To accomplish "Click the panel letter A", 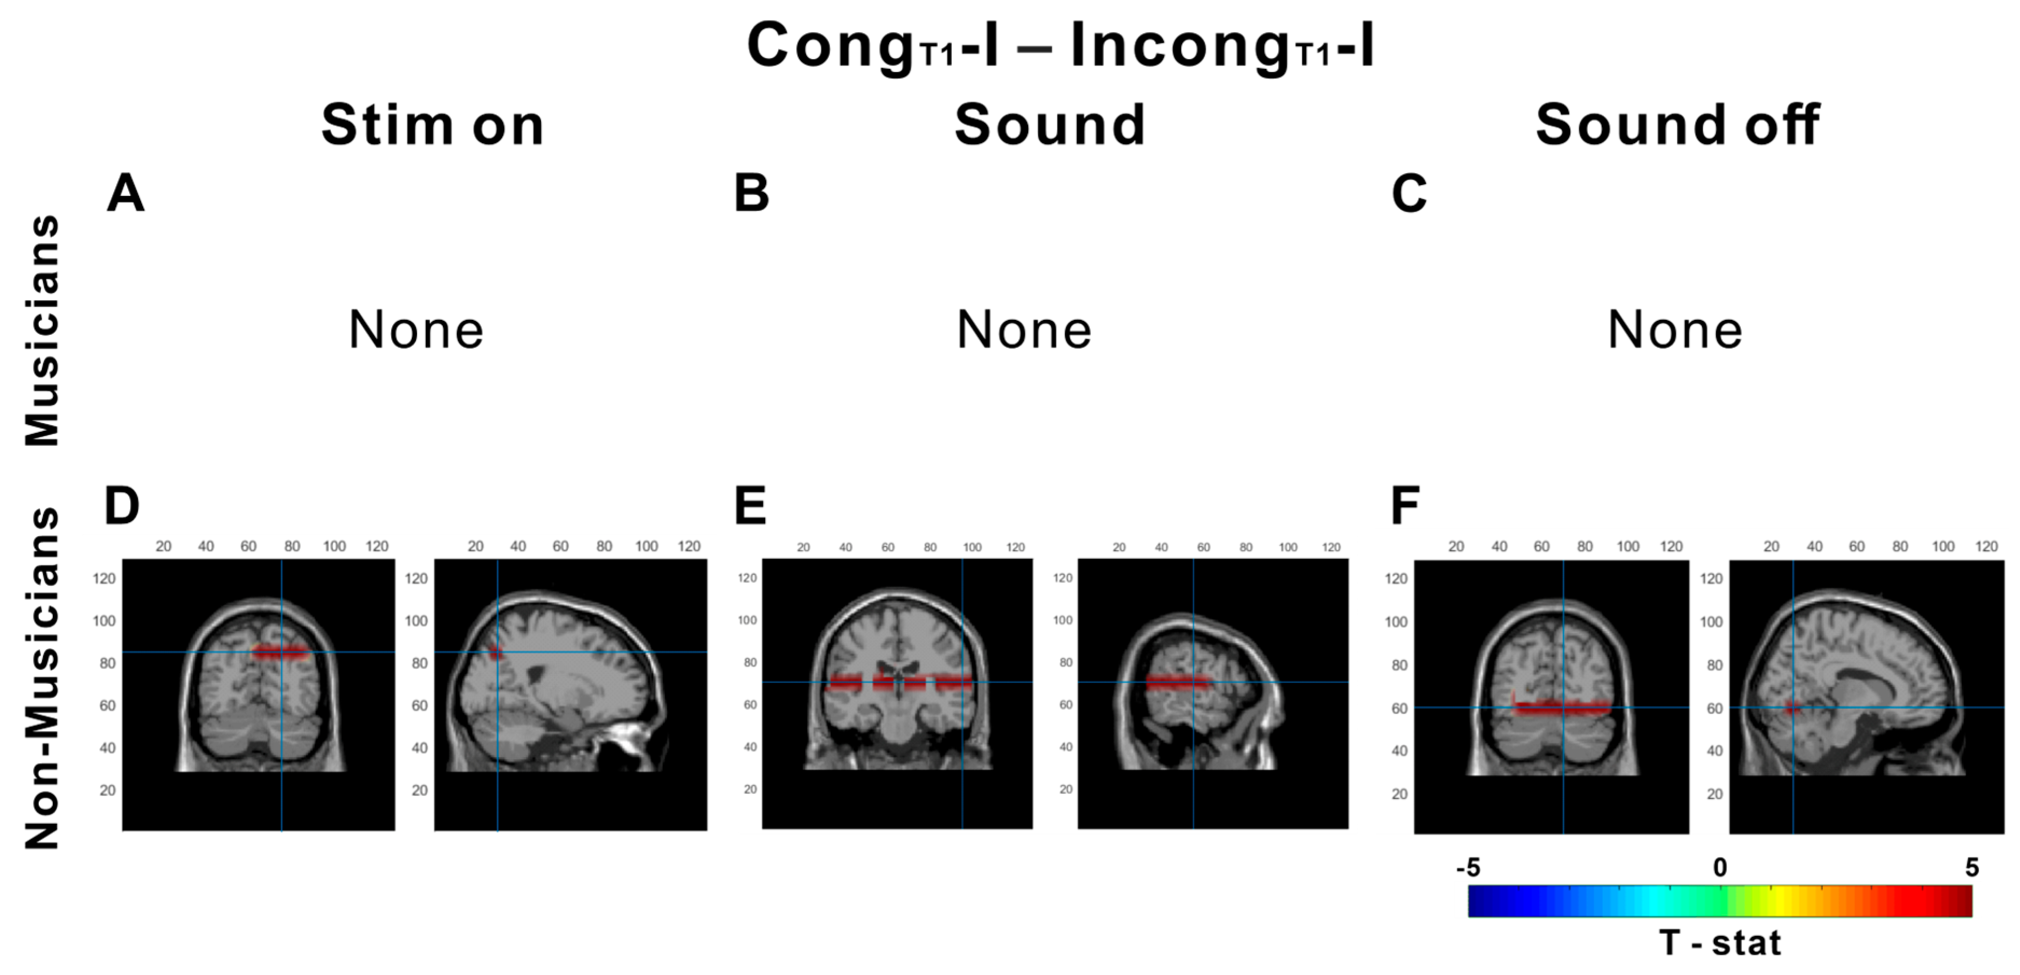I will tap(126, 194).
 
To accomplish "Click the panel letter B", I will tap(751, 194).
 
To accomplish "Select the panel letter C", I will tap(1409, 194).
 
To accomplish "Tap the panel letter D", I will tap(122, 506).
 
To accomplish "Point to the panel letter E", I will tap(749, 506).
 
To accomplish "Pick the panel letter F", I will tap(1405, 506).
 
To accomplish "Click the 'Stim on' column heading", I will tap(432, 125).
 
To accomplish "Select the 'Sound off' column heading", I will tap(1677, 125).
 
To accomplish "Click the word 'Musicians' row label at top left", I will tap(43, 330).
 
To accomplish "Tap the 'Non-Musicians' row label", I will tap(43, 678).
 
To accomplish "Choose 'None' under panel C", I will tap(1675, 330).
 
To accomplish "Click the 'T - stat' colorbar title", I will tap(1720, 942).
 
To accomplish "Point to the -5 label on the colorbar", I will tap(1467, 868).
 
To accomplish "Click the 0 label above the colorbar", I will tap(1720, 868).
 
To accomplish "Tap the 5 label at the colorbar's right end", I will tap(1972, 868).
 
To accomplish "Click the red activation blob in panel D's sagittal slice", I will tap(495, 652).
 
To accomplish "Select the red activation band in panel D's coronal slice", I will tap(280, 652).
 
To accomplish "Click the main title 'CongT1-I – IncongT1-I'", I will tap(1060, 45).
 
